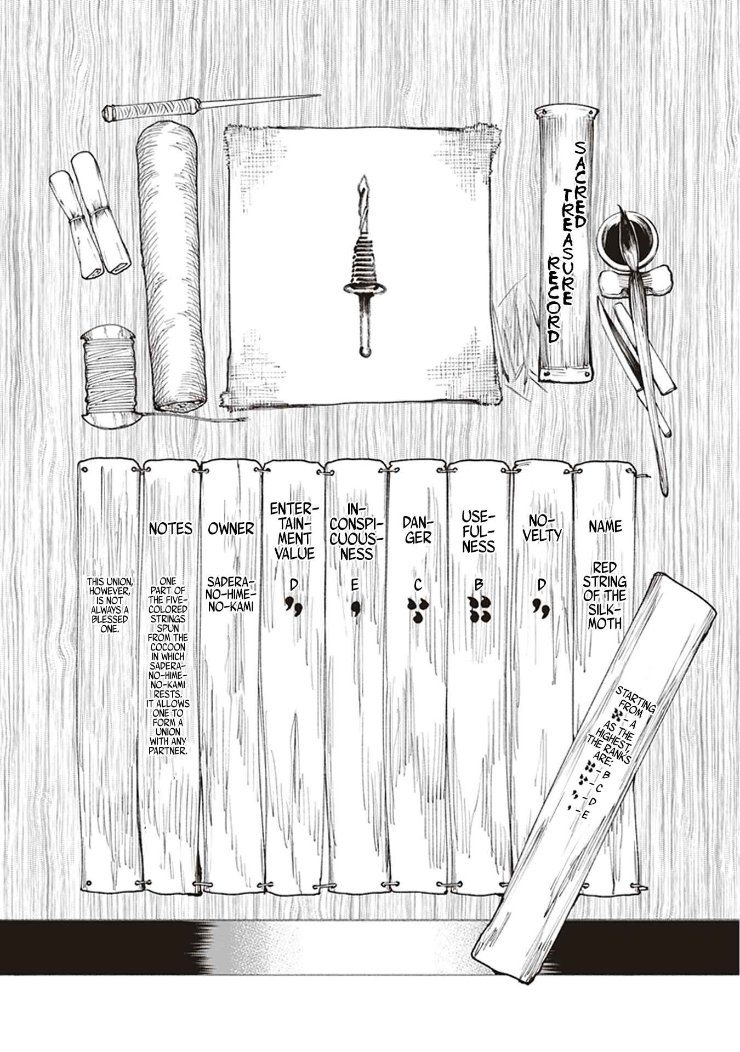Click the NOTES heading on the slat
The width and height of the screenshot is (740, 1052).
170,529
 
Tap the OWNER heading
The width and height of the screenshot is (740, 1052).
231,529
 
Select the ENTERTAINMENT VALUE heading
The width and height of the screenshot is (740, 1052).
294,531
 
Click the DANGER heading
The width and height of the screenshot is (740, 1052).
417,529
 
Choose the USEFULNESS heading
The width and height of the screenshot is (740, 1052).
479,531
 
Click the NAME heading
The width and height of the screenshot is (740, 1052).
605,527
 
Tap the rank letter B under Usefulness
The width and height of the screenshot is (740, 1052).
479,586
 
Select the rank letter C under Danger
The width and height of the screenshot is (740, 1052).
418,586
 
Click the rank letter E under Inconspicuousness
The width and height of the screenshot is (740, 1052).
355,586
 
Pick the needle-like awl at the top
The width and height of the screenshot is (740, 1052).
210,106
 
